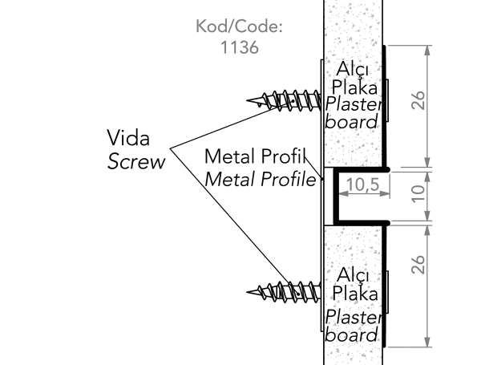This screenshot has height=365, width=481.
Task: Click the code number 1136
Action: click(x=239, y=47)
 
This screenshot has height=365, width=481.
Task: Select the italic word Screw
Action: click(x=136, y=161)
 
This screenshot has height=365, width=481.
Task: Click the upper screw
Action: click(x=285, y=100)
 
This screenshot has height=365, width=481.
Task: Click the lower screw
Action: click(x=285, y=290)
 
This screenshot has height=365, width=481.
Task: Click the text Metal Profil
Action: click(x=261, y=156)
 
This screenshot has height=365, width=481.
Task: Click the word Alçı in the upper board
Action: click(x=354, y=68)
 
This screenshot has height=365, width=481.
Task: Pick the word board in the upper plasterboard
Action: click(x=352, y=122)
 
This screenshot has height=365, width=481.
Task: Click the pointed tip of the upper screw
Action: click(x=249, y=101)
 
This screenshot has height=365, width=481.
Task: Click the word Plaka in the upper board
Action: click(x=354, y=87)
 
